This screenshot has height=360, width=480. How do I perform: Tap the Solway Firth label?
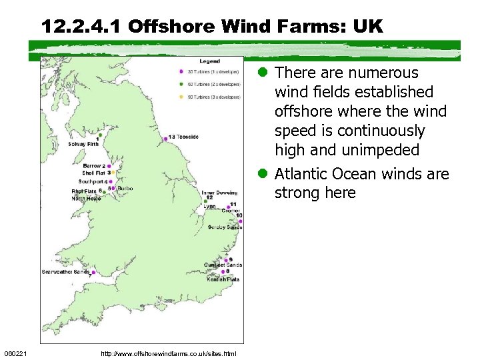coord(83,144)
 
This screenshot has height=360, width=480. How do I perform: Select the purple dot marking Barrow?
coord(107,165)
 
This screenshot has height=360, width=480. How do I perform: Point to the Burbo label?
coord(125,189)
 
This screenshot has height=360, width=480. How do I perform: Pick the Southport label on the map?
coord(91,181)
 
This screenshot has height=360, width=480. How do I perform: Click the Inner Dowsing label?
coord(219,192)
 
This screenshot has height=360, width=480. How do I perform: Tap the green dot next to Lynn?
coord(206,201)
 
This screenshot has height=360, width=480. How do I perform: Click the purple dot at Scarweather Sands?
coord(93,272)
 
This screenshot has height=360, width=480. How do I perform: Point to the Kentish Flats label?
coord(223,279)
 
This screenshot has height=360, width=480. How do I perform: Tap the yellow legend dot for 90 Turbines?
coord(181,97)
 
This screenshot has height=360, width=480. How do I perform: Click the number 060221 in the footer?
coord(15,353)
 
